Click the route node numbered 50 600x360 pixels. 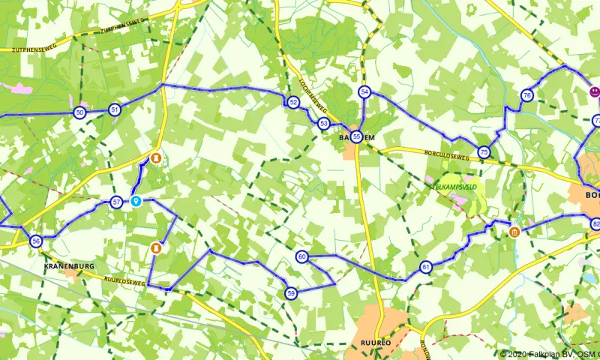(x=79, y=112)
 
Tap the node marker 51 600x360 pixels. (x=114, y=109)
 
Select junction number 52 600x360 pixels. (x=293, y=102)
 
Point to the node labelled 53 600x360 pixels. (x=323, y=123)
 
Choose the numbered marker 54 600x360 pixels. (x=365, y=92)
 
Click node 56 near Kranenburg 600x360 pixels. (x=36, y=241)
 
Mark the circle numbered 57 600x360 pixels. (x=116, y=202)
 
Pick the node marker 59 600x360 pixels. (x=292, y=292)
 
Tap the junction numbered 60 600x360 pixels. (x=301, y=257)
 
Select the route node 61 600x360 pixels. (x=426, y=267)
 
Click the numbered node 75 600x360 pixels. (x=484, y=151)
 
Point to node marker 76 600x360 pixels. (x=527, y=95)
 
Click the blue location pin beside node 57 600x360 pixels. (x=136, y=201)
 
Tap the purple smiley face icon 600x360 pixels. (x=593, y=91)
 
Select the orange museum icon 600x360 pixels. (x=514, y=232)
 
